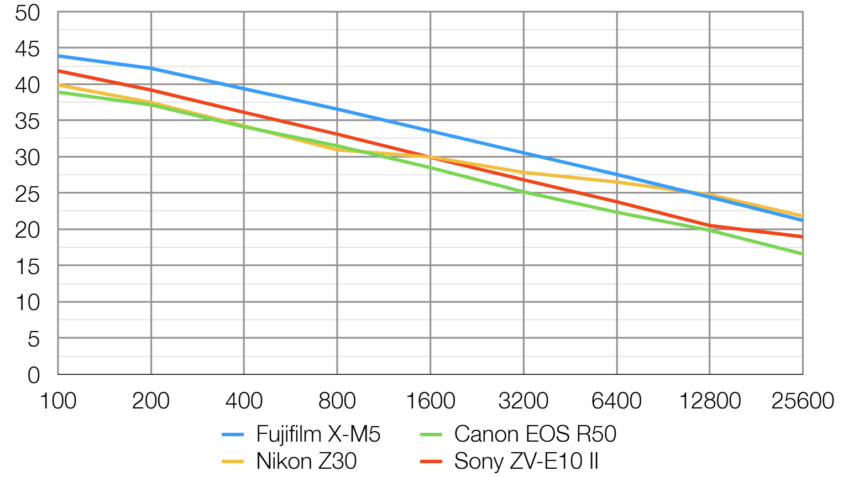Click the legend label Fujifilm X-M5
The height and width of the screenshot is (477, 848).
pos(318,434)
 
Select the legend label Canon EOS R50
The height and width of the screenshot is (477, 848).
pos(535,434)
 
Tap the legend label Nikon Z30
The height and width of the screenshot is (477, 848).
pos(306,461)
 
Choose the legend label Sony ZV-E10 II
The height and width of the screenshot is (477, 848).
pos(526,461)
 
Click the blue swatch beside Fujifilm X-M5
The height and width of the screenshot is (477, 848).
pos(233,435)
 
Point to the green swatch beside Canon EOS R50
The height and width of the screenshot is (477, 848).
pos(431,435)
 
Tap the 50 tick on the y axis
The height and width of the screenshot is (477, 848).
pos(28,13)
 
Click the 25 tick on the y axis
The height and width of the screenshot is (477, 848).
pos(28,194)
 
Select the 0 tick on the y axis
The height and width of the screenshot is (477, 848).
pos(34,375)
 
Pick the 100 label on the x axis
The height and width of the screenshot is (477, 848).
pos(58,401)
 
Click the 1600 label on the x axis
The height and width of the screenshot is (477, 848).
pos(430,401)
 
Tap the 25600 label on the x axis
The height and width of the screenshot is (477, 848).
pos(802,401)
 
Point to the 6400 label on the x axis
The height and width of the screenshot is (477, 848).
pos(616,401)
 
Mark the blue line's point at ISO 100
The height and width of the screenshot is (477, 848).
pos(59,56)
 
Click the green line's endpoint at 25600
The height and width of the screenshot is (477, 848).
pos(802,254)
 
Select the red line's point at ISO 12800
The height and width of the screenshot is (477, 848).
pos(710,226)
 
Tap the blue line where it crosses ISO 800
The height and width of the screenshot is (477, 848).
pos(337,109)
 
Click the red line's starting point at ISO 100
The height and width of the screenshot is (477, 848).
pos(59,71)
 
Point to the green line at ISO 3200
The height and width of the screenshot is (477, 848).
pos(524,192)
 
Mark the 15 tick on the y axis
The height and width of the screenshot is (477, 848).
pos(28,267)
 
